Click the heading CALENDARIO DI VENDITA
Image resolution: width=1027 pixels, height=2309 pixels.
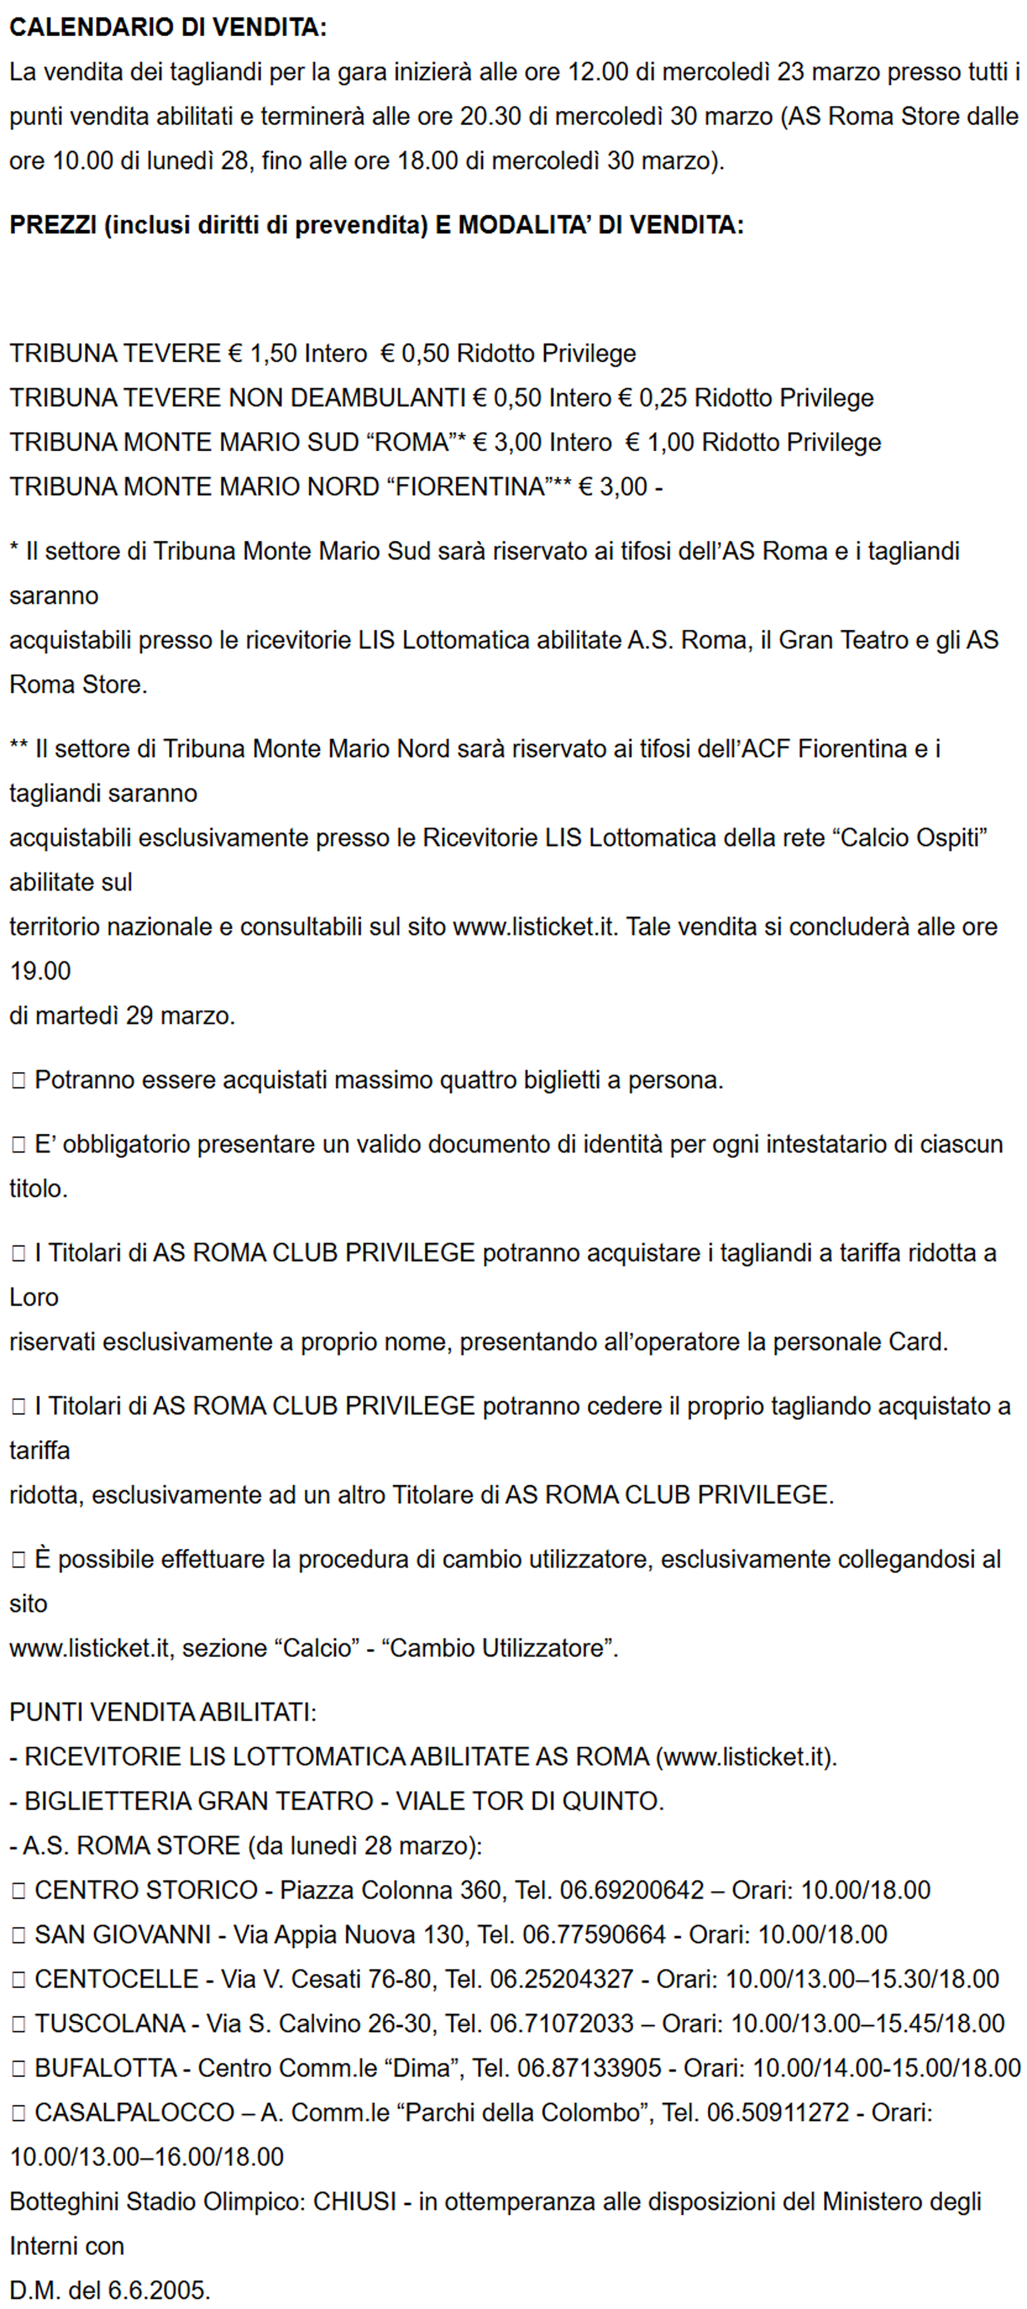coord(168,27)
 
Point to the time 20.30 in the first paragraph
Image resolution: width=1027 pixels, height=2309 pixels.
coord(491,117)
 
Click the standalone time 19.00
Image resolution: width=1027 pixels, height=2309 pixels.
coord(40,971)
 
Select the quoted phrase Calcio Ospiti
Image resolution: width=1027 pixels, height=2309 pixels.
coord(910,837)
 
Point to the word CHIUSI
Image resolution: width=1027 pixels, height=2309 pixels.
coord(354,2202)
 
